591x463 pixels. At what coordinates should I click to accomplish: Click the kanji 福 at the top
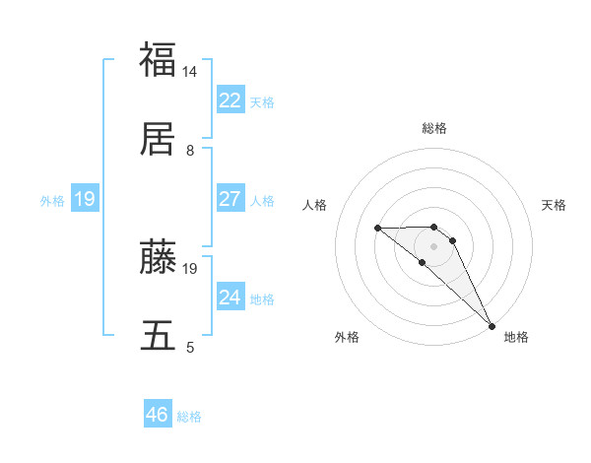(x=158, y=59)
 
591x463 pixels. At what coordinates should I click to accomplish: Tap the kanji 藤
(x=158, y=257)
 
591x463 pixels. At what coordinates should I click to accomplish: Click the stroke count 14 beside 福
(x=190, y=73)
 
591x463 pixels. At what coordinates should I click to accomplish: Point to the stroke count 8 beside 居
(x=190, y=152)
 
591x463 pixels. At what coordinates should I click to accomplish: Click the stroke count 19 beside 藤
(x=190, y=268)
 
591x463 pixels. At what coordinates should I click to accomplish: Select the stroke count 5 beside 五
(x=190, y=348)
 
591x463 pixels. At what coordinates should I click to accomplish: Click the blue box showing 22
(x=230, y=100)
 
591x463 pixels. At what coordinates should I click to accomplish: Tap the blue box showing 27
(x=230, y=199)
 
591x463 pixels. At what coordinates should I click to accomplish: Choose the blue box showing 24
(x=230, y=298)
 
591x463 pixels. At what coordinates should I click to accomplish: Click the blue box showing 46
(x=158, y=415)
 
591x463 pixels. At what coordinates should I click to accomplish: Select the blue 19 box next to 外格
(x=85, y=199)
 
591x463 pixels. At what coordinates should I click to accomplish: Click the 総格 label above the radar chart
(x=434, y=128)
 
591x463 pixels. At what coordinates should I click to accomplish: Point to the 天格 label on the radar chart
(x=555, y=205)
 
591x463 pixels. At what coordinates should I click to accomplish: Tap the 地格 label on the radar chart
(x=516, y=337)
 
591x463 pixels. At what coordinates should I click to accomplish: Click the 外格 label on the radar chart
(x=347, y=337)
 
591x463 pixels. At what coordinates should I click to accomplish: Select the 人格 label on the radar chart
(x=314, y=205)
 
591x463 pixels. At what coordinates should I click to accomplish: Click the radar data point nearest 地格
(x=491, y=325)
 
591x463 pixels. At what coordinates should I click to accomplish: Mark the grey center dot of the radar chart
(x=434, y=246)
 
